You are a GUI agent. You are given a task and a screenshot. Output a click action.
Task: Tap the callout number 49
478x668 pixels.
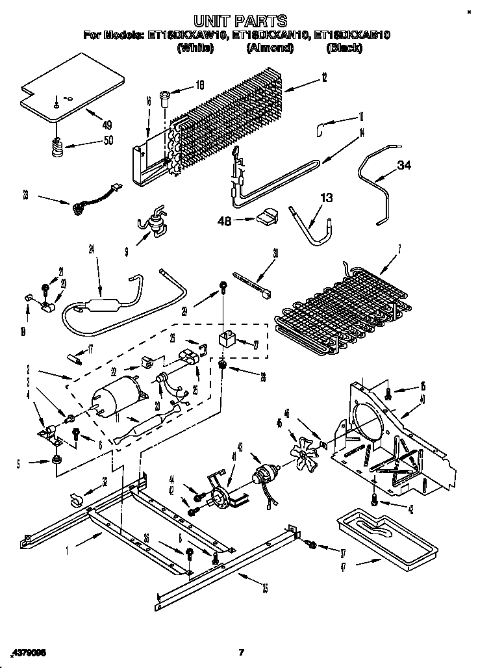tap(107, 125)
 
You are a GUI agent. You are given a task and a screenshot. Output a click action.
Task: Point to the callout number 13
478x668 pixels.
tap(327, 199)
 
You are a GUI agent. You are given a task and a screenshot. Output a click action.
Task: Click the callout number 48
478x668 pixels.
tap(225, 220)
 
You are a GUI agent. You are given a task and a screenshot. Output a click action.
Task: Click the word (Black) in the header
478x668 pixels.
tap(344, 47)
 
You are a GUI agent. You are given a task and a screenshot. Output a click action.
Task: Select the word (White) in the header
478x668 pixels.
tap(195, 47)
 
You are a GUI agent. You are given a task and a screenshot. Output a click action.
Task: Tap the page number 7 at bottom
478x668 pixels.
tap(240, 652)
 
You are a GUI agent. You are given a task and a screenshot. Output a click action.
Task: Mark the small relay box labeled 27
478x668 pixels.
tap(225, 338)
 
